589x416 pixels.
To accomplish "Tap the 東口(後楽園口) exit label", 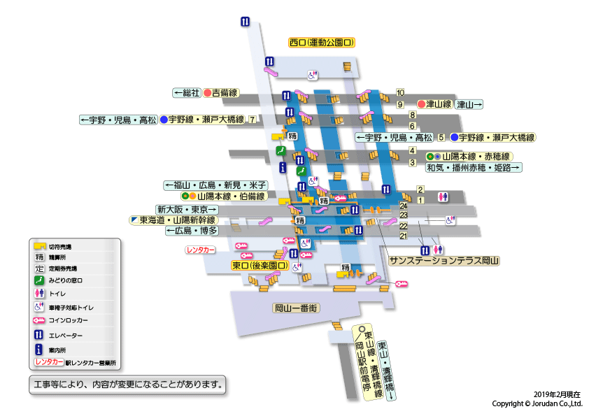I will click(260, 266).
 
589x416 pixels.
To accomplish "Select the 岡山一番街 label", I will click(297, 308).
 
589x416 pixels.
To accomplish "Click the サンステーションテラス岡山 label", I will click(445, 260).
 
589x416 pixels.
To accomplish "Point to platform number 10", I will click(400, 92).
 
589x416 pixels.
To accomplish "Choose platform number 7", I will click(252, 120).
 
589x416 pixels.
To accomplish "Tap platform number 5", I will click(441, 138).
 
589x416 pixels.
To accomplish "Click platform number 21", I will click(403, 236).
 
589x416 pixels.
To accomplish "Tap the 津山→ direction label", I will click(470, 104).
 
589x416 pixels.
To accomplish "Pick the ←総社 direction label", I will click(187, 92).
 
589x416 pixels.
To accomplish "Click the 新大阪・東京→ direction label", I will click(187, 209).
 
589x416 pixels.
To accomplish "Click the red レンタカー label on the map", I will click(200, 250).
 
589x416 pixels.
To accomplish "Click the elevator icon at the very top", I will click(245, 22).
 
